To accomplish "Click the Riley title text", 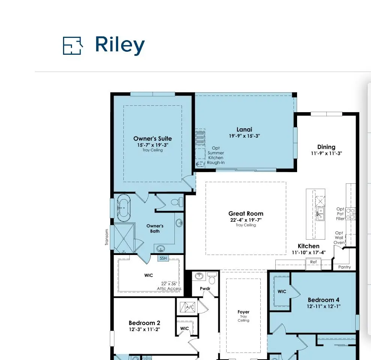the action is point(120,45).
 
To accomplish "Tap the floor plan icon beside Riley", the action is point(73,46).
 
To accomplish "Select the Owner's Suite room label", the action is point(153,139).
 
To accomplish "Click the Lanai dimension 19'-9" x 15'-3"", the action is point(245,136).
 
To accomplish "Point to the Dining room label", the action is point(326,147).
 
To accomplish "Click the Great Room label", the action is point(246,214).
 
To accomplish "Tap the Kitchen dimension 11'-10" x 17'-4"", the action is point(308,253).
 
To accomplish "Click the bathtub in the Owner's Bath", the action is point(124,208).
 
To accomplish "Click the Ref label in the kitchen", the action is point(313,262).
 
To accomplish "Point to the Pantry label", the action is point(344,267).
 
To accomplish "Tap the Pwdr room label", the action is point(205,289).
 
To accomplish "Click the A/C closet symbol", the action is point(188,307).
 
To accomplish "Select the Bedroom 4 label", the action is point(323,300).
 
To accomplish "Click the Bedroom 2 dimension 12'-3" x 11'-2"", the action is point(144,330).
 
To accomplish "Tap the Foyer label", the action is point(243,312).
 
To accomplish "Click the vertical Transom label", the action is point(107,237).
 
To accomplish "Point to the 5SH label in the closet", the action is point(163,258).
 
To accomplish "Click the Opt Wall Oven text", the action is point(339,238).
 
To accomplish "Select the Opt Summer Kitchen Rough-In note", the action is point(216,155).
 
